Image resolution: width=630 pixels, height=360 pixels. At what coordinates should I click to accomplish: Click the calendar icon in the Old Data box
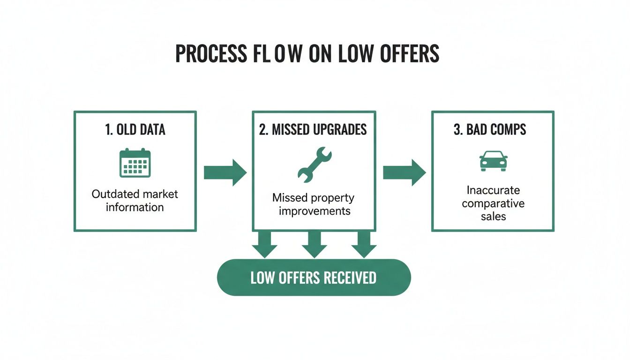[135, 163]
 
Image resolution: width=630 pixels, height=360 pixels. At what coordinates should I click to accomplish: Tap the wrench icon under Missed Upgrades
[314, 164]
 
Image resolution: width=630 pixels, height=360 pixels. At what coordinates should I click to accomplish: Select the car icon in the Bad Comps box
[493, 161]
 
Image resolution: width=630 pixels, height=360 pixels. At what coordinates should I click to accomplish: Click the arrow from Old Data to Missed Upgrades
[225, 172]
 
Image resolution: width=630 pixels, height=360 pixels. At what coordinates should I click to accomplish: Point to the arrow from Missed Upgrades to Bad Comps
[404, 172]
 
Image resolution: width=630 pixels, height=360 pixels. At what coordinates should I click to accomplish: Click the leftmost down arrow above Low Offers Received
[264, 244]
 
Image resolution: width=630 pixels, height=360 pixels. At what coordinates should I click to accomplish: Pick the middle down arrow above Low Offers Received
[314, 244]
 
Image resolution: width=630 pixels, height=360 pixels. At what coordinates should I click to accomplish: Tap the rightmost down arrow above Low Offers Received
[364, 244]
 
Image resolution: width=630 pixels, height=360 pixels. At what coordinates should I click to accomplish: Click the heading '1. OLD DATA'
[135, 130]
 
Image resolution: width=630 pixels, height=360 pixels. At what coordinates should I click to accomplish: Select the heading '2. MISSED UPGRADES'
[313, 130]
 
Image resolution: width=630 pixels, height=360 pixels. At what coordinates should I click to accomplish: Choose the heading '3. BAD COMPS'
[490, 130]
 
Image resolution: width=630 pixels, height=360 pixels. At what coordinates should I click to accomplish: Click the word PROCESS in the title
[210, 54]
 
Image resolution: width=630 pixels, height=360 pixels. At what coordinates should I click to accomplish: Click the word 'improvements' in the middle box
[315, 211]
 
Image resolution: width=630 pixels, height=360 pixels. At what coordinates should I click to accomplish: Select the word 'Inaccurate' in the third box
[493, 190]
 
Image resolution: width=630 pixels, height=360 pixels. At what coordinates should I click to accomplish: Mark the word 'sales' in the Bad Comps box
[493, 217]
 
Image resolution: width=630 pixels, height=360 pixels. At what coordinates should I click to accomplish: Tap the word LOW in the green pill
[262, 277]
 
